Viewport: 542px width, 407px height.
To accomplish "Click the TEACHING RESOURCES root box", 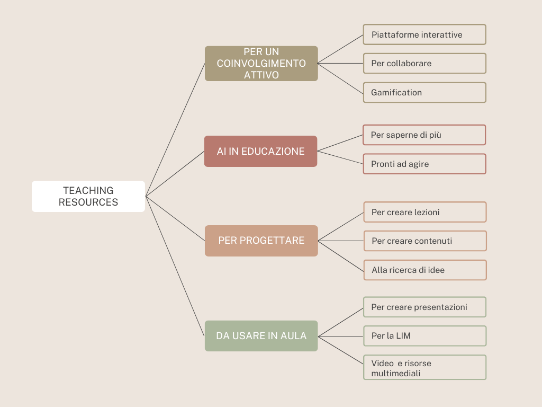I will point(88,196).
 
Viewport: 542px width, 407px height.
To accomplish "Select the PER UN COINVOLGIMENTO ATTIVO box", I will point(261,63).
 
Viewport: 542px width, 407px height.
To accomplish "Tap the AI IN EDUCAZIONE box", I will point(260,151).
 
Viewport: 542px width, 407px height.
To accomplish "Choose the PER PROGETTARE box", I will point(261,241).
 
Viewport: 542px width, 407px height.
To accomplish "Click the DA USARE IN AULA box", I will point(261,335).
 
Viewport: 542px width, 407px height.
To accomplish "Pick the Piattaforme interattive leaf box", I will point(424,34).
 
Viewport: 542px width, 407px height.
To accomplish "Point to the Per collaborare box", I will point(424,63).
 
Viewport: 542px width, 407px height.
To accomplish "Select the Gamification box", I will point(424,92).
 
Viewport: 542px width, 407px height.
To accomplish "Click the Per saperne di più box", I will point(424,135).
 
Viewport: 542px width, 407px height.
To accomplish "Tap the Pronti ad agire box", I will point(424,164).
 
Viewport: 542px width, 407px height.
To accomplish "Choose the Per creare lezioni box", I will point(424,212).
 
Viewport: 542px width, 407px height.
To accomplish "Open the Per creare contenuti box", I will point(424,241).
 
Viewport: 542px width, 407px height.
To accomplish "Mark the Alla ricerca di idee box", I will point(424,270).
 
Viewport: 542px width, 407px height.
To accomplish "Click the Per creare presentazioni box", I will point(424,307).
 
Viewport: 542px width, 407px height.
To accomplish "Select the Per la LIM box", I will point(424,335).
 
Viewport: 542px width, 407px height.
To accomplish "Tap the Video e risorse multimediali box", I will point(424,367).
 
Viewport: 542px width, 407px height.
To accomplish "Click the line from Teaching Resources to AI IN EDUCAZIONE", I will point(175,174).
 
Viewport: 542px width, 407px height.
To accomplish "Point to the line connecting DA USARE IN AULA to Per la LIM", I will point(341,336).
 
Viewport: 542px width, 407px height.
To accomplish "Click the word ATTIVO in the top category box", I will point(261,75).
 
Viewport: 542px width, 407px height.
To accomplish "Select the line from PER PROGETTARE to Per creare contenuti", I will point(341,241).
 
